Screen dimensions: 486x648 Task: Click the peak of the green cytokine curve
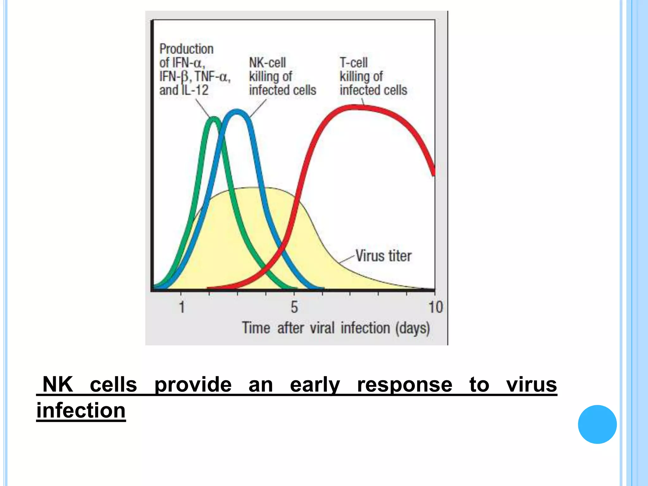click(x=215, y=119)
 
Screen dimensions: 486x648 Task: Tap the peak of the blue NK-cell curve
click(x=237, y=111)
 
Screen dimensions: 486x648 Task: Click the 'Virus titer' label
click(x=383, y=256)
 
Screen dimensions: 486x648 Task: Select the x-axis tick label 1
click(x=182, y=307)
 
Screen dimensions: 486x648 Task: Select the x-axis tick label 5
click(x=294, y=307)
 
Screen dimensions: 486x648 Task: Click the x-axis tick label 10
click(x=435, y=307)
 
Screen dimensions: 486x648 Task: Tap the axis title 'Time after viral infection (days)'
click(x=336, y=328)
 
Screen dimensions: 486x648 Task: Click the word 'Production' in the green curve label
click(x=186, y=49)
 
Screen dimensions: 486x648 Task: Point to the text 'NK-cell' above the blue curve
click(x=267, y=63)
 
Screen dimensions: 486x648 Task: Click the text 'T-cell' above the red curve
click(x=353, y=63)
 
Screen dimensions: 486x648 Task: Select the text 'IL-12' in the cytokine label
click(x=195, y=90)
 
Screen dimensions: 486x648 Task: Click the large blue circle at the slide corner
click(x=597, y=424)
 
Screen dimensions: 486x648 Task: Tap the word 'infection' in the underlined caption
click(x=81, y=410)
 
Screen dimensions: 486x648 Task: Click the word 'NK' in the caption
click(x=58, y=384)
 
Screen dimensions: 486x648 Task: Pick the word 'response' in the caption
click(x=404, y=384)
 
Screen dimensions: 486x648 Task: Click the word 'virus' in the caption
click(x=531, y=384)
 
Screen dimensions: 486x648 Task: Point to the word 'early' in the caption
click(x=315, y=384)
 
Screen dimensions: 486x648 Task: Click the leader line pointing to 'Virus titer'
click(x=346, y=259)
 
